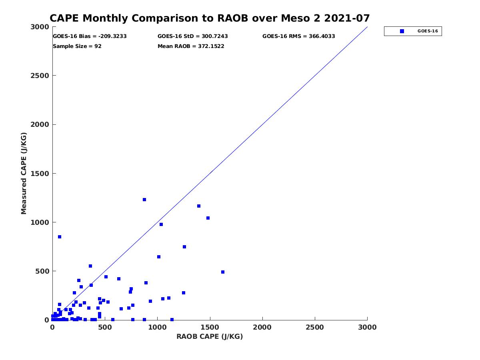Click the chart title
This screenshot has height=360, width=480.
(x=210, y=18)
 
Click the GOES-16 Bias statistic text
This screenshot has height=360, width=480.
(x=90, y=36)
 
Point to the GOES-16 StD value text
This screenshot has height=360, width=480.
(x=193, y=36)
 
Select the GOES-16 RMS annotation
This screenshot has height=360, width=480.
(x=299, y=36)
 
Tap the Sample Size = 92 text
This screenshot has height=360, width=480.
(x=77, y=46)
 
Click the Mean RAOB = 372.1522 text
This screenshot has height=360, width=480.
(x=191, y=46)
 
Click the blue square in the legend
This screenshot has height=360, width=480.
(x=402, y=31)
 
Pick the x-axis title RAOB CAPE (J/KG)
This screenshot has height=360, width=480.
(x=210, y=337)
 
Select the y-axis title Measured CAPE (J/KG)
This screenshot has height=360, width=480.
(x=24, y=173)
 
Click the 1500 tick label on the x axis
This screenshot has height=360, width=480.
(x=210, y=328)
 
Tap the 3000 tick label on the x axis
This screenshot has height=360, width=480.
(x=367, y=328)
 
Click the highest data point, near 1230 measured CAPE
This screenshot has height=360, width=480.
(x=144, y=200)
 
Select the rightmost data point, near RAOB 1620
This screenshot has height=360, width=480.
(x=223, y=272)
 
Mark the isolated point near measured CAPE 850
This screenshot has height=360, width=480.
(x=60, y=237)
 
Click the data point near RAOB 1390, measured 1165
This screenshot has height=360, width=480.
(x=199, y=206)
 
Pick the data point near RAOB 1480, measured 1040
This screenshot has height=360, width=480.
(x=208, y=218)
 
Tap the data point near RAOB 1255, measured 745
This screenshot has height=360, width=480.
(x=184, y=247)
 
